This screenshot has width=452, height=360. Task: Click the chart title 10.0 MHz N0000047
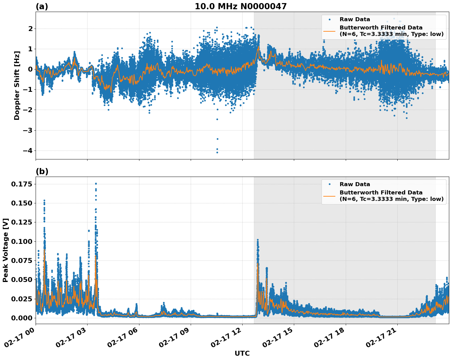pos(240,6)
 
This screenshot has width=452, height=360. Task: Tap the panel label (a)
pos(42,6)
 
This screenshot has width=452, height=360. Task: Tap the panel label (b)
pos(42,171)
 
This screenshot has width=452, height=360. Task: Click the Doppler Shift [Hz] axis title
pos(17,85)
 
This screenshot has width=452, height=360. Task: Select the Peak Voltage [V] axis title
pos(6,250)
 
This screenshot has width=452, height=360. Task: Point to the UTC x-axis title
pos(242,353)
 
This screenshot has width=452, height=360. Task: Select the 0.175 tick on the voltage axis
pos(21,184)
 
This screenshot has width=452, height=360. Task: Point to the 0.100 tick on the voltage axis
pos(21,241)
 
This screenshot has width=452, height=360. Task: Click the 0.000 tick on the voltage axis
pos(21,318)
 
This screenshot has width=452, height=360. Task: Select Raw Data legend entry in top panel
pos(355,19)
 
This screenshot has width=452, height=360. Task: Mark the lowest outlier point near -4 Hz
pos(217,152)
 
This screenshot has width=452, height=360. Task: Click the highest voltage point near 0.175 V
pos(96,184)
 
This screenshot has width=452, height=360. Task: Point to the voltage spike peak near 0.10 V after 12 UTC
pos(258,240)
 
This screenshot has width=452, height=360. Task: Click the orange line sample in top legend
pos(329,31)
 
